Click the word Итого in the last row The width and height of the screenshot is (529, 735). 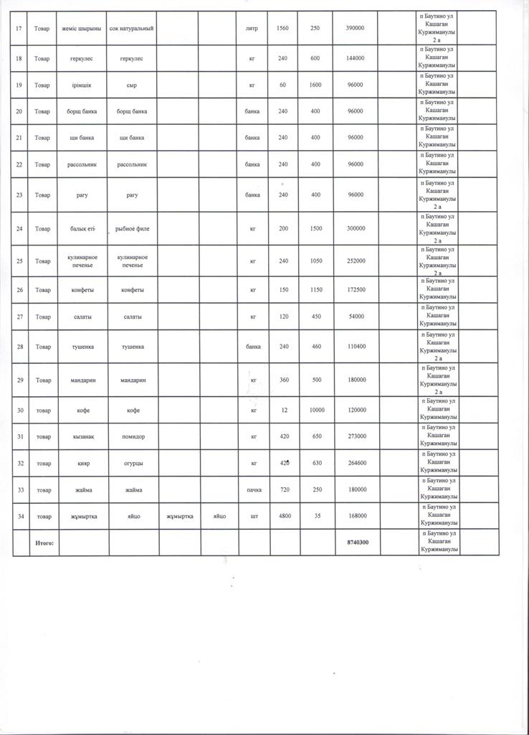[44, 543]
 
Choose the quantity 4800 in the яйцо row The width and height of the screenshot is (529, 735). [284, 516]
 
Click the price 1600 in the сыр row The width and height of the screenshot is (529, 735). [316, 85]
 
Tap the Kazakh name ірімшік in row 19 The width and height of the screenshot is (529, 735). [83, 85]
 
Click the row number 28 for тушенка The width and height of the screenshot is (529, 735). [19, 347]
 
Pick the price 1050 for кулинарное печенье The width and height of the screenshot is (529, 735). [316, 261]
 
